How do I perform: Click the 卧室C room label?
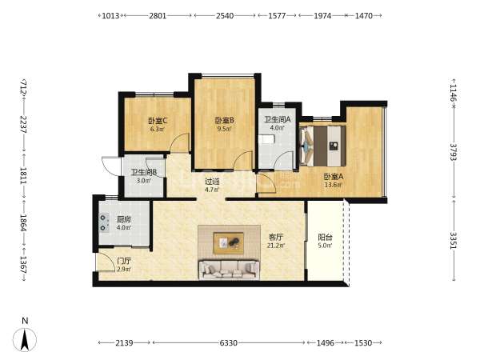click(158, 121)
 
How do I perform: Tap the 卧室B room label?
click(224, 120)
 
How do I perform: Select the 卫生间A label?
click(278, 119)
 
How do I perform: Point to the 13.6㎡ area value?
click(334, 185)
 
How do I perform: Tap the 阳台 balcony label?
click(325, 238)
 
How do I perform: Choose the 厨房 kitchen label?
click(124, 219)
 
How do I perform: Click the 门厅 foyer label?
click(124, 261)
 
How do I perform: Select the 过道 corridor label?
click(212, 182)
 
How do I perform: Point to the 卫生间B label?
click(144, 172)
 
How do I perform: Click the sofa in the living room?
click(229, 270)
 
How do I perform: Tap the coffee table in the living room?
click(229, 243)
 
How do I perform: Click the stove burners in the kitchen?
click(103, 222)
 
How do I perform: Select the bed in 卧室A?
click(323, 146)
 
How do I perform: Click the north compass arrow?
click(25, 339)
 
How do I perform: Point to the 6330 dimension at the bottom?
click(228, 343)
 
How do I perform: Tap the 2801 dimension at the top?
click(158, 16)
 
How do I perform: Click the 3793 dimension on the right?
click(454, 152)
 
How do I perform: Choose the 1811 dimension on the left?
click(23, 176)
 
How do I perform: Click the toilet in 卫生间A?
click(266, 140)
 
